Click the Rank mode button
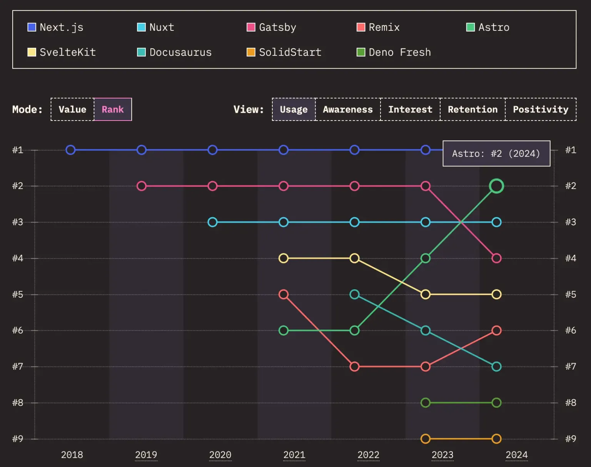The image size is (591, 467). point(113,109)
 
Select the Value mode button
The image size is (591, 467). point(72,109)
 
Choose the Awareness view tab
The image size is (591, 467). point(347,109)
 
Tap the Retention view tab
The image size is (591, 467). point(472,109)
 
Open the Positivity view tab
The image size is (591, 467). point(540,109)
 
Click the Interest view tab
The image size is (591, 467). point(410,109)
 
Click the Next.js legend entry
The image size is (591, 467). point(56,27)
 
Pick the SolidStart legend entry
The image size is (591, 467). point(284,52)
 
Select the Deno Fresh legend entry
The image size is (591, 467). point(394,52)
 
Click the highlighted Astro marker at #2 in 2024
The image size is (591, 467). point(496,186)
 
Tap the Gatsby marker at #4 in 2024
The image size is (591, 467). point(496,258)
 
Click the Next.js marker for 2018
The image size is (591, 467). point(70,150)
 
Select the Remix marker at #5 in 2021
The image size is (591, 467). point(284,295)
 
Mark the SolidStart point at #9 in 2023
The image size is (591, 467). point(425,439)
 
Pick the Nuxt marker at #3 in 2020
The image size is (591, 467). point(212,222)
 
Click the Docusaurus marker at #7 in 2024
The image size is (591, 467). point(496,367)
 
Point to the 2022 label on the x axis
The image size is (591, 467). point(368,455)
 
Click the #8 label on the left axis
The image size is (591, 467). point(18,403)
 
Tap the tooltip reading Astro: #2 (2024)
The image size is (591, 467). point(496,154)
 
